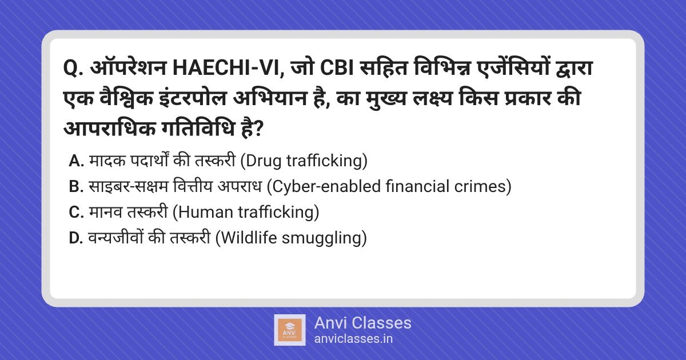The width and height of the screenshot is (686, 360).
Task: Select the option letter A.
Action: coord(76,161)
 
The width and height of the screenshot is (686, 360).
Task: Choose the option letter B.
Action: coord(76,187)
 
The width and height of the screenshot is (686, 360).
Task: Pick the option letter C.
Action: coord(76,213)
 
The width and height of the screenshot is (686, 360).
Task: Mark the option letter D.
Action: coord(76,238)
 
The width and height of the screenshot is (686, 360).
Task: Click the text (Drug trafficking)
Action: coord(302,161)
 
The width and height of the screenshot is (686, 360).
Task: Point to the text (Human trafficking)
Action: coord(245,213)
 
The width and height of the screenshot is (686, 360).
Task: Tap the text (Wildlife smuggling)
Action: coord(291,238)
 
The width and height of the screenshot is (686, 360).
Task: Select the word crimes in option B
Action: coord(484,187)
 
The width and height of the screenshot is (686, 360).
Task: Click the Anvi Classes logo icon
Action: coord(289,330)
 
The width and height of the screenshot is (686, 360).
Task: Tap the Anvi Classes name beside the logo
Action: coord(362,323)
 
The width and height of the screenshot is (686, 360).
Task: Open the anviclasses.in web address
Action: coord(353,339)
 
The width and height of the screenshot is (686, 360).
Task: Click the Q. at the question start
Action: coord(73,69)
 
